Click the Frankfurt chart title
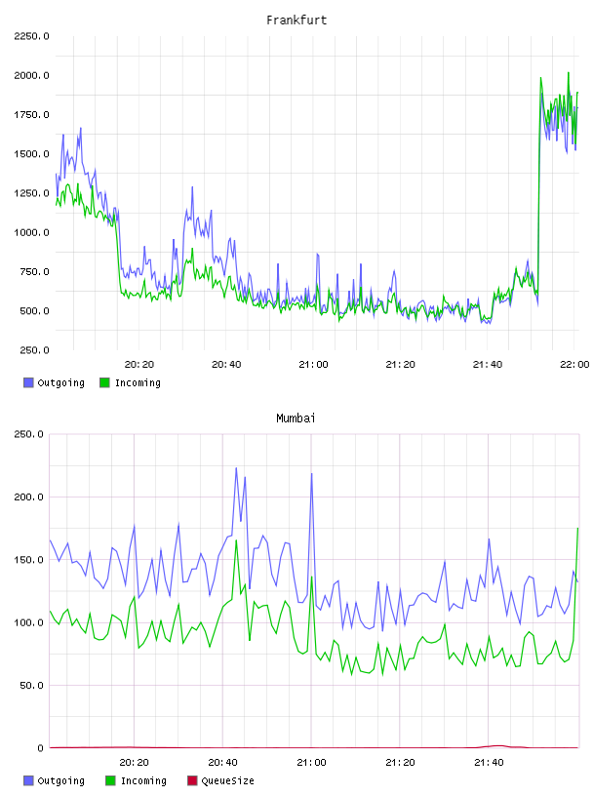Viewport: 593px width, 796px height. tap(296, 20)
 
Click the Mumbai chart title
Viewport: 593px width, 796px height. tap(296, 418)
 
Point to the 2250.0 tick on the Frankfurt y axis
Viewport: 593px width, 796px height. tap(31, 36)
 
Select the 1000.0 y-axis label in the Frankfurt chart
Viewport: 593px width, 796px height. tap(31, 232)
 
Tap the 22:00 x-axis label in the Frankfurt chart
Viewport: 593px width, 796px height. tap(574, 365)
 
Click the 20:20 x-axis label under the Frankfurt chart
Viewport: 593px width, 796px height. tap(139, 365)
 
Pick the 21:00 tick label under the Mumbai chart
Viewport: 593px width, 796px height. tap(311, 763)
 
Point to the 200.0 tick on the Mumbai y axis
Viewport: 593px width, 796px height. tap(28, 497)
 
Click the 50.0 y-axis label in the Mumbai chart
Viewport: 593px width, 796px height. tap(31, 686)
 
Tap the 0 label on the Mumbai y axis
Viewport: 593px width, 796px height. tap(41, 748)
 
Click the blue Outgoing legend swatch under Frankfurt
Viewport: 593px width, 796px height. tap(28, 382)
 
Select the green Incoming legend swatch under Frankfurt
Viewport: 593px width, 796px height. tap(104, 382)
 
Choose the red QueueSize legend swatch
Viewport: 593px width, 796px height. tap(192, 780)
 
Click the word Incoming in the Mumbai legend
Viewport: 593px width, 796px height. tap(143, 780)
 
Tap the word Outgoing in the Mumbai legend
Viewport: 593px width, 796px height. tap(60, 780)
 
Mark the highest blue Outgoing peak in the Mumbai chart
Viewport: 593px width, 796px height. tap(236, 468)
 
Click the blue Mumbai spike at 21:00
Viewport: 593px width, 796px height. tap(312, 474)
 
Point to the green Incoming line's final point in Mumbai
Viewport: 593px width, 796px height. tap(577, 529)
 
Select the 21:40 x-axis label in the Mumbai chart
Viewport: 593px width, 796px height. tap(489, 763)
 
